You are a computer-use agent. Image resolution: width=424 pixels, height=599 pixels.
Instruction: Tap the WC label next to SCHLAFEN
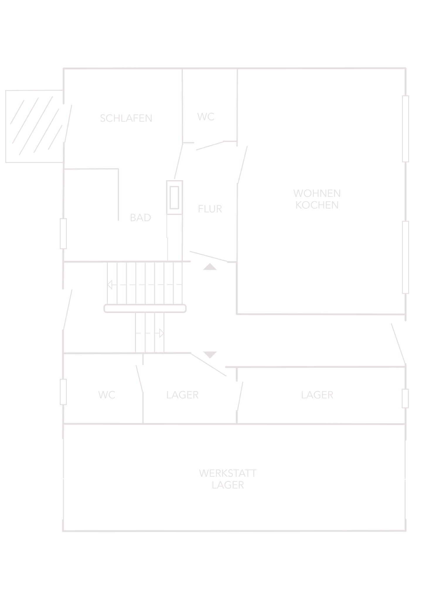pos(206,117)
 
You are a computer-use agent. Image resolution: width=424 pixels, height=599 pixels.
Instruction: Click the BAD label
pos(140,218)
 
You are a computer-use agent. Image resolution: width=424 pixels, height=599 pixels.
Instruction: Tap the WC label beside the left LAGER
pos(107,395)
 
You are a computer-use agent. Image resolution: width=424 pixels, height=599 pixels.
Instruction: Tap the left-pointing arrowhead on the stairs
pos(110,284)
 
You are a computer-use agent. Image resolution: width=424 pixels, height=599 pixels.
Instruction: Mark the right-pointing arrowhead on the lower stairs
pos(161,333)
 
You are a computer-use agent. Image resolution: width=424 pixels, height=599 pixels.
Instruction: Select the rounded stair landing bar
pos(145,308)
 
